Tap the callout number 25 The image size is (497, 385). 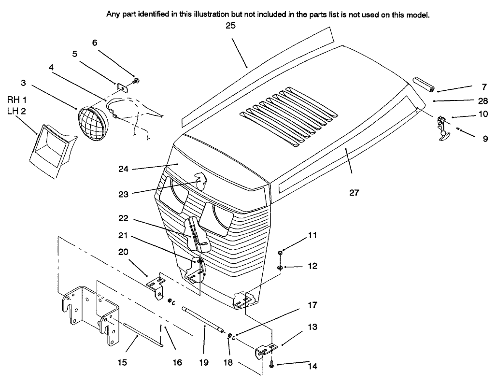(x=230, y=26)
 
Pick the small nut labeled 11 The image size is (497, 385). (x=281, y=253)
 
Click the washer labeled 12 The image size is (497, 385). (x=281, y=266)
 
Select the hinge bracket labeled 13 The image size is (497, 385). (x=265, y=350)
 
